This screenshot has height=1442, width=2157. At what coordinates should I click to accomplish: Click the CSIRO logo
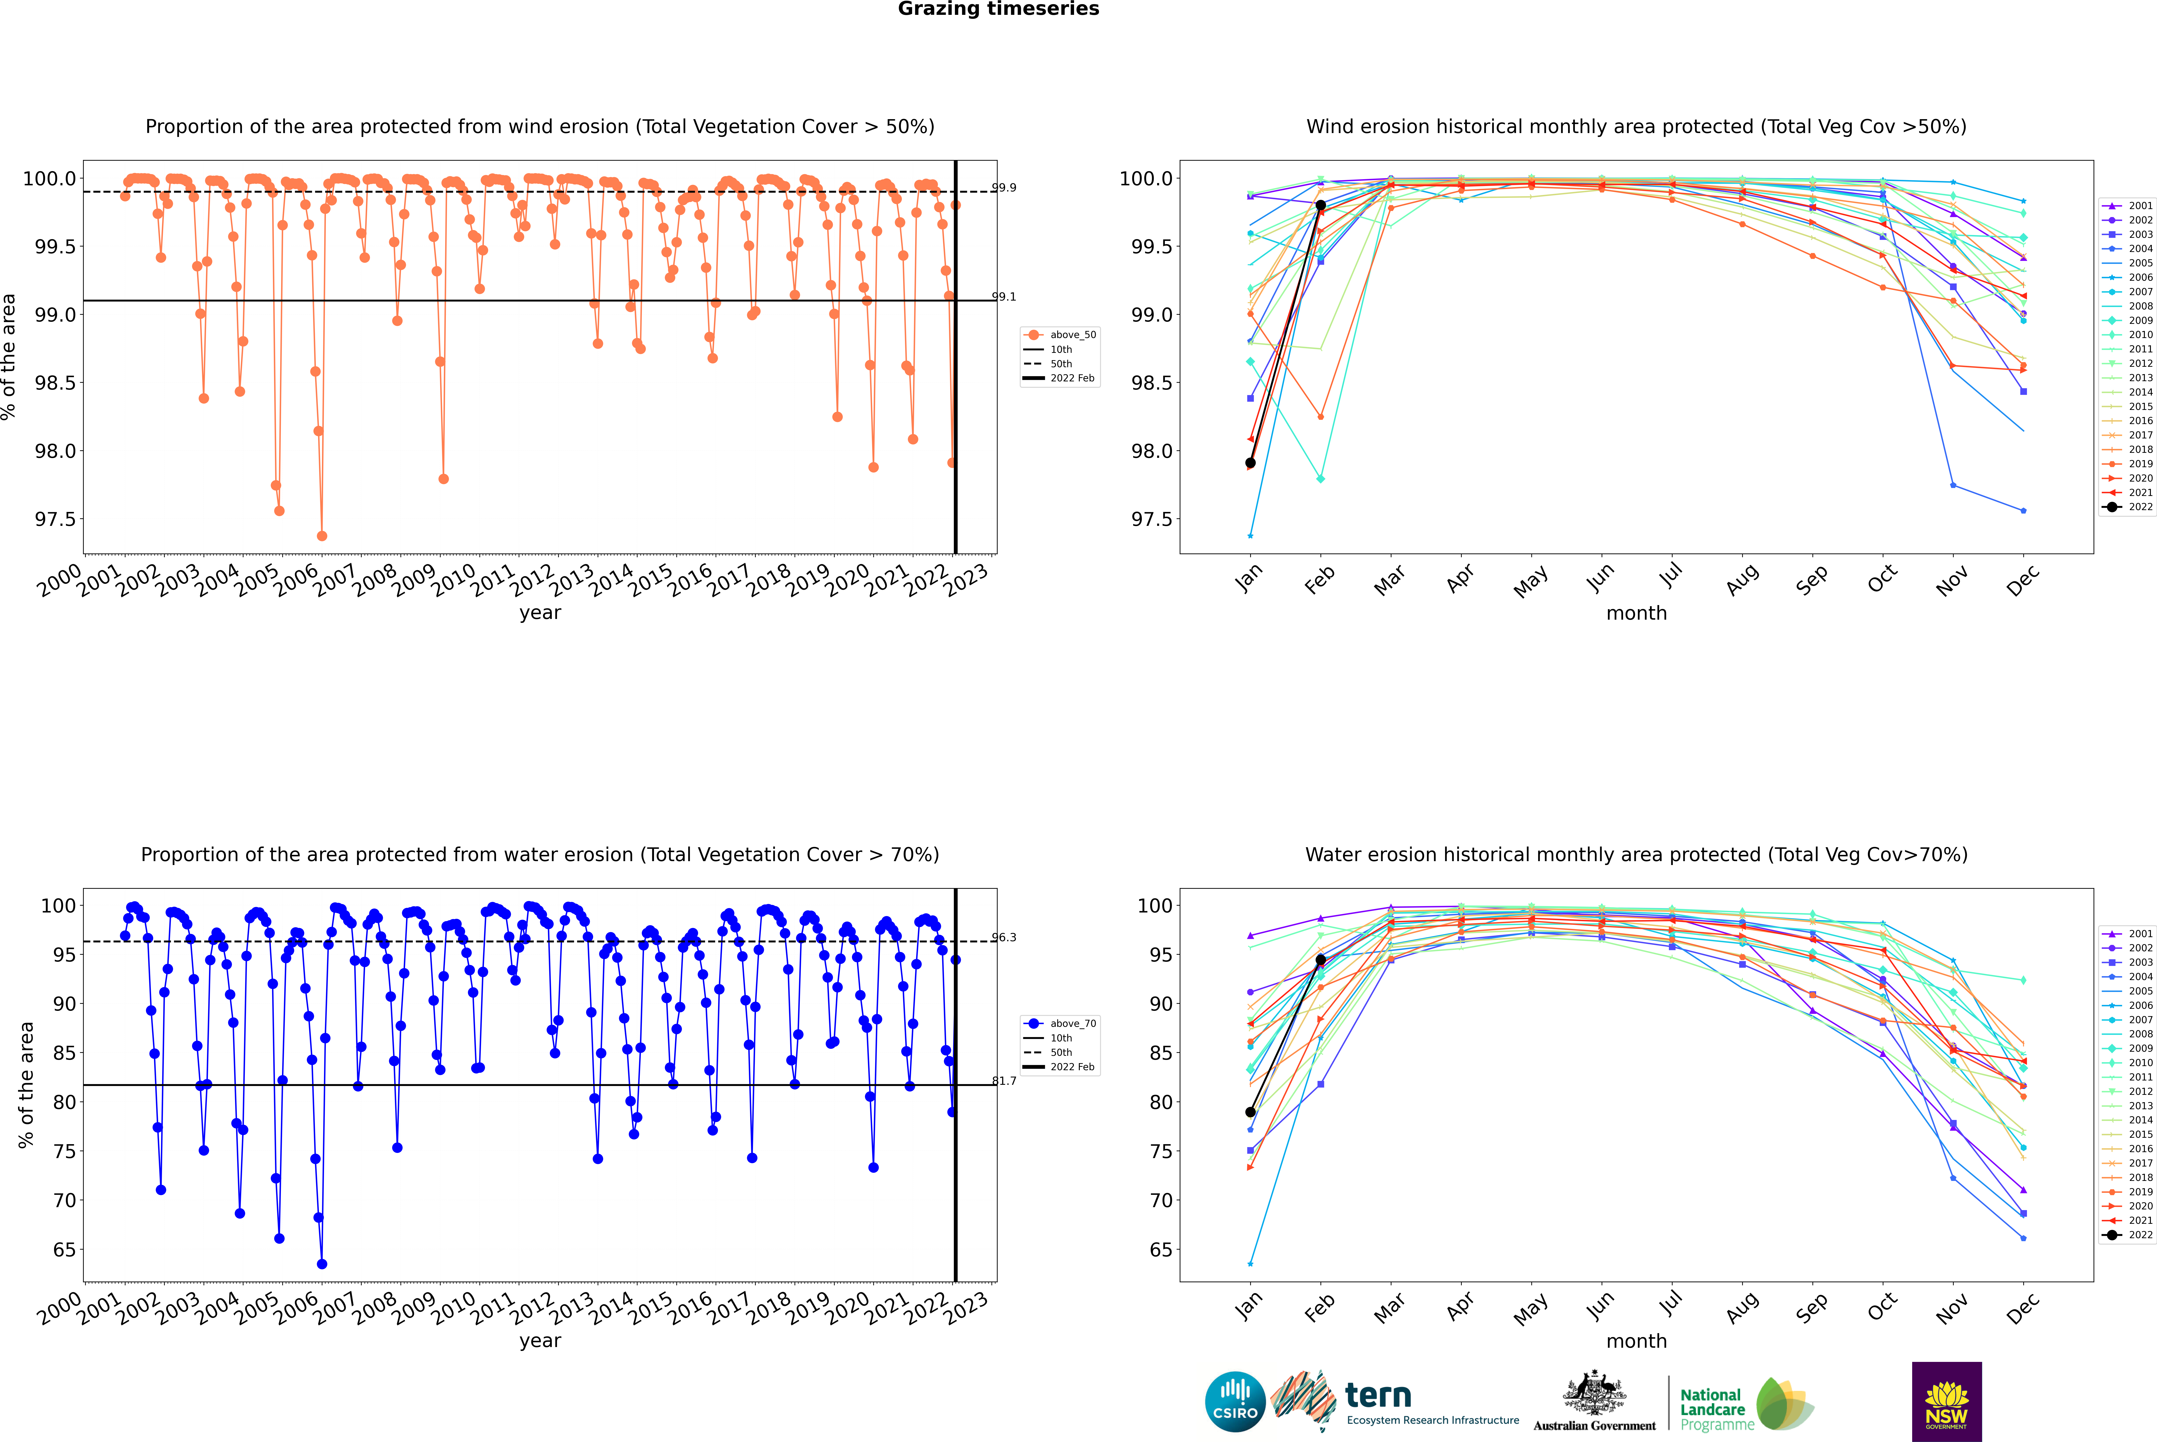coord(1235,1402)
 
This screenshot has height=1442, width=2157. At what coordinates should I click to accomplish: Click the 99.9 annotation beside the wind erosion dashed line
coord(1004,188)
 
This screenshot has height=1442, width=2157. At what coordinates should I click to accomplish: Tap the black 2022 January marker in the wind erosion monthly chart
coord(1250,463)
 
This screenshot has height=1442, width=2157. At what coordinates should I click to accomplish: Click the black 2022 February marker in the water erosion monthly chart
coord(1320,959)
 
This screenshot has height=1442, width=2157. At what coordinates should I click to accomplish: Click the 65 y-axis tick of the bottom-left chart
coord(64,1250)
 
